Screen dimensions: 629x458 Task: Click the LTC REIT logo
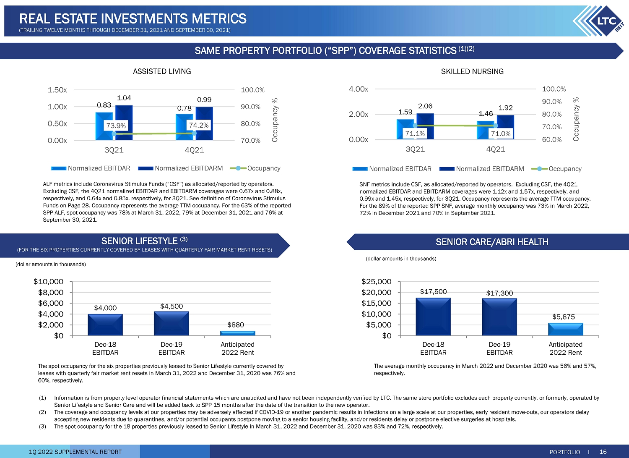[x=599, y=21]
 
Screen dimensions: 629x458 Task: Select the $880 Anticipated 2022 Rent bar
[x=238, y=333]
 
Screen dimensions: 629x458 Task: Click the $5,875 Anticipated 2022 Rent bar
[x=566, y=329]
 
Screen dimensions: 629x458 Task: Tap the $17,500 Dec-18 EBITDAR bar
[x=433, y=317]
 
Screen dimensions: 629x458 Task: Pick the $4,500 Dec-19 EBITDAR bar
[x=171, y=323]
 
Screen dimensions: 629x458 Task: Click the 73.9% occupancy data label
[x=116, y=126]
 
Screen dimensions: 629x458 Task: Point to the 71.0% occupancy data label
[x=501, y=133]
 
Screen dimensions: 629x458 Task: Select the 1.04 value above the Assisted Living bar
[x=124, y=98]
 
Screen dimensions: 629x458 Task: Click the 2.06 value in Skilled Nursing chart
[x=425, y=106]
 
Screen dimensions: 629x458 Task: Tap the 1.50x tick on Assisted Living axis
[x=57, y=90]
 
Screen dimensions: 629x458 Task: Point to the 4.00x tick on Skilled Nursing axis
[x=358, y=89]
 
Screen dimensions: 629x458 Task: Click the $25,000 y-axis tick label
[x=376, y=281]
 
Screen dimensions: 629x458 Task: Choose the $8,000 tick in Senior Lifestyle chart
[x=51, y=293]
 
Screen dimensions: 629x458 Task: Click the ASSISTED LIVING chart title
[x=162, y=71]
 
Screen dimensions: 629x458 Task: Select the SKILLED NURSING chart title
[x=472, y=71]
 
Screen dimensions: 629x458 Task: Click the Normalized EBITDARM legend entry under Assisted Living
[x=181, y=168]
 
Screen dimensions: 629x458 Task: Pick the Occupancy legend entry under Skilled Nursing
[x=556, y=169]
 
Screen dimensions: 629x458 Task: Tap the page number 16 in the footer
[x=603, y=452]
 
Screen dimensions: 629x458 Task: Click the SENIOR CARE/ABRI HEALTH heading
[x=492, y=242]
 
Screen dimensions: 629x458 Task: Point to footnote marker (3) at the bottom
[x=42, y=427]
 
